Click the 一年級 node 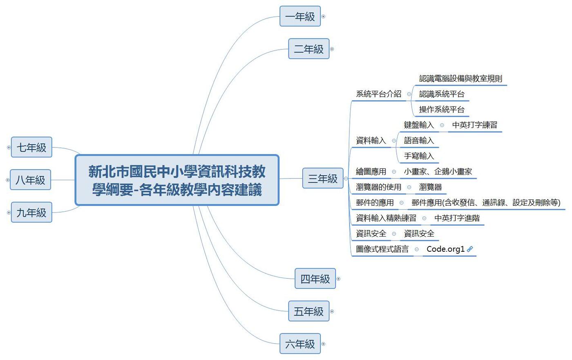(300, 16)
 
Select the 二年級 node (308, 49)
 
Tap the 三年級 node (322, 179)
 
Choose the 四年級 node (315, 279)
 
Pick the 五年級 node (308, 311)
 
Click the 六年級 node (300, 344)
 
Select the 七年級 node (31, 147)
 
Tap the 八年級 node (30, 180)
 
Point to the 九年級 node (31, 212)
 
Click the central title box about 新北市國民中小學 (177, 180)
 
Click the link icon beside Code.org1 (470, 249)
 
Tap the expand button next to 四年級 (338, 279)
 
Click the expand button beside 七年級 (9, 148)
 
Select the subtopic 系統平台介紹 (378, 94)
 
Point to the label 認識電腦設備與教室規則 (460, 78)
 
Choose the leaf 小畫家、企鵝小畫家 (438, 172)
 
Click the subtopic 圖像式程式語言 (382, 249)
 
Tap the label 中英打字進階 (457, 218)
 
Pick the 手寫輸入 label (419, 156)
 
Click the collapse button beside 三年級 (346, 179)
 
